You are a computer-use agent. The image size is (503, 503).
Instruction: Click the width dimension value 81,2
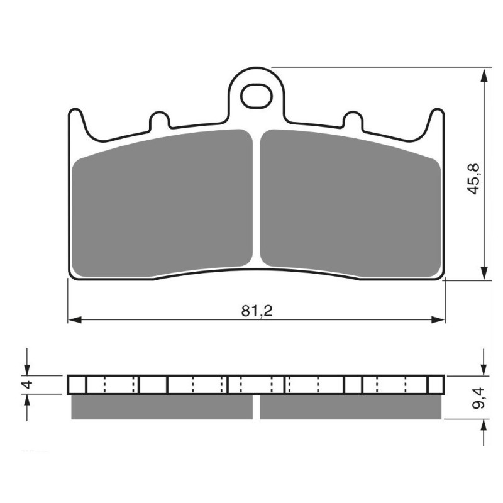[255, 311]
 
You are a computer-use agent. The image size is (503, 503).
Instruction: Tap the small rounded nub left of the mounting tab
[158, 119]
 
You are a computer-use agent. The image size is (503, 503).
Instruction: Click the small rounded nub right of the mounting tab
[353, 119]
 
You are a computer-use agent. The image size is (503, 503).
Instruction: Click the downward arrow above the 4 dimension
[27, 368]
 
